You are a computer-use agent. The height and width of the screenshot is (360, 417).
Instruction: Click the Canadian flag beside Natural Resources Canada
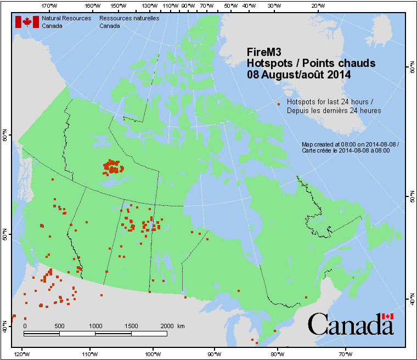(x=26, y=22)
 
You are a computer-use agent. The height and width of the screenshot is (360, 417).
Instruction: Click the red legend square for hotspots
(x=279, y=104)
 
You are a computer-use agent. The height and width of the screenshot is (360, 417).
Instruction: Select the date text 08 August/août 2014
(x=298, y=74)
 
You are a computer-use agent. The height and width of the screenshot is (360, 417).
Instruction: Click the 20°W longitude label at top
(x=317, y=5)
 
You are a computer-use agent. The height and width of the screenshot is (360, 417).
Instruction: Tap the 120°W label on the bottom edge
(x=22, y=353)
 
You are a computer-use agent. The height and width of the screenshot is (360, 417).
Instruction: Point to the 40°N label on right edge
(x=411, y=300)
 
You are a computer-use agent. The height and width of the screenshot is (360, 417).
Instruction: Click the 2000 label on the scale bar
(x=166, y=325)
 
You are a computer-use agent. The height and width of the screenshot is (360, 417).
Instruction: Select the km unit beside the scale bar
(x=181, y=325)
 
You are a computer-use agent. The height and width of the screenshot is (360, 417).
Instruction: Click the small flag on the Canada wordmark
(x=388, y=316)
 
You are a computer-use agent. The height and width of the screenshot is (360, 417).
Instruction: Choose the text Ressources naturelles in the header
(x=129, y=18)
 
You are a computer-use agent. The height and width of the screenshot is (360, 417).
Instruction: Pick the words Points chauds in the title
(x=342, y=63)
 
